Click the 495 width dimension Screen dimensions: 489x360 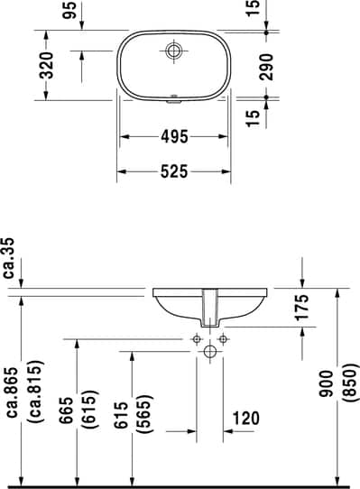point(174,137)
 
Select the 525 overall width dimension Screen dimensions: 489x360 point(174,171)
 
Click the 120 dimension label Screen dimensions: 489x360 point(246,417)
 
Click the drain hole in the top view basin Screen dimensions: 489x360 point(174,50)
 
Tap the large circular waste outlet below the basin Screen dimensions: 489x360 point(209,351)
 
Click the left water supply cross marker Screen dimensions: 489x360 point(196,339)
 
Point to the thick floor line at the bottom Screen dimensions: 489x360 point(180,485)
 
